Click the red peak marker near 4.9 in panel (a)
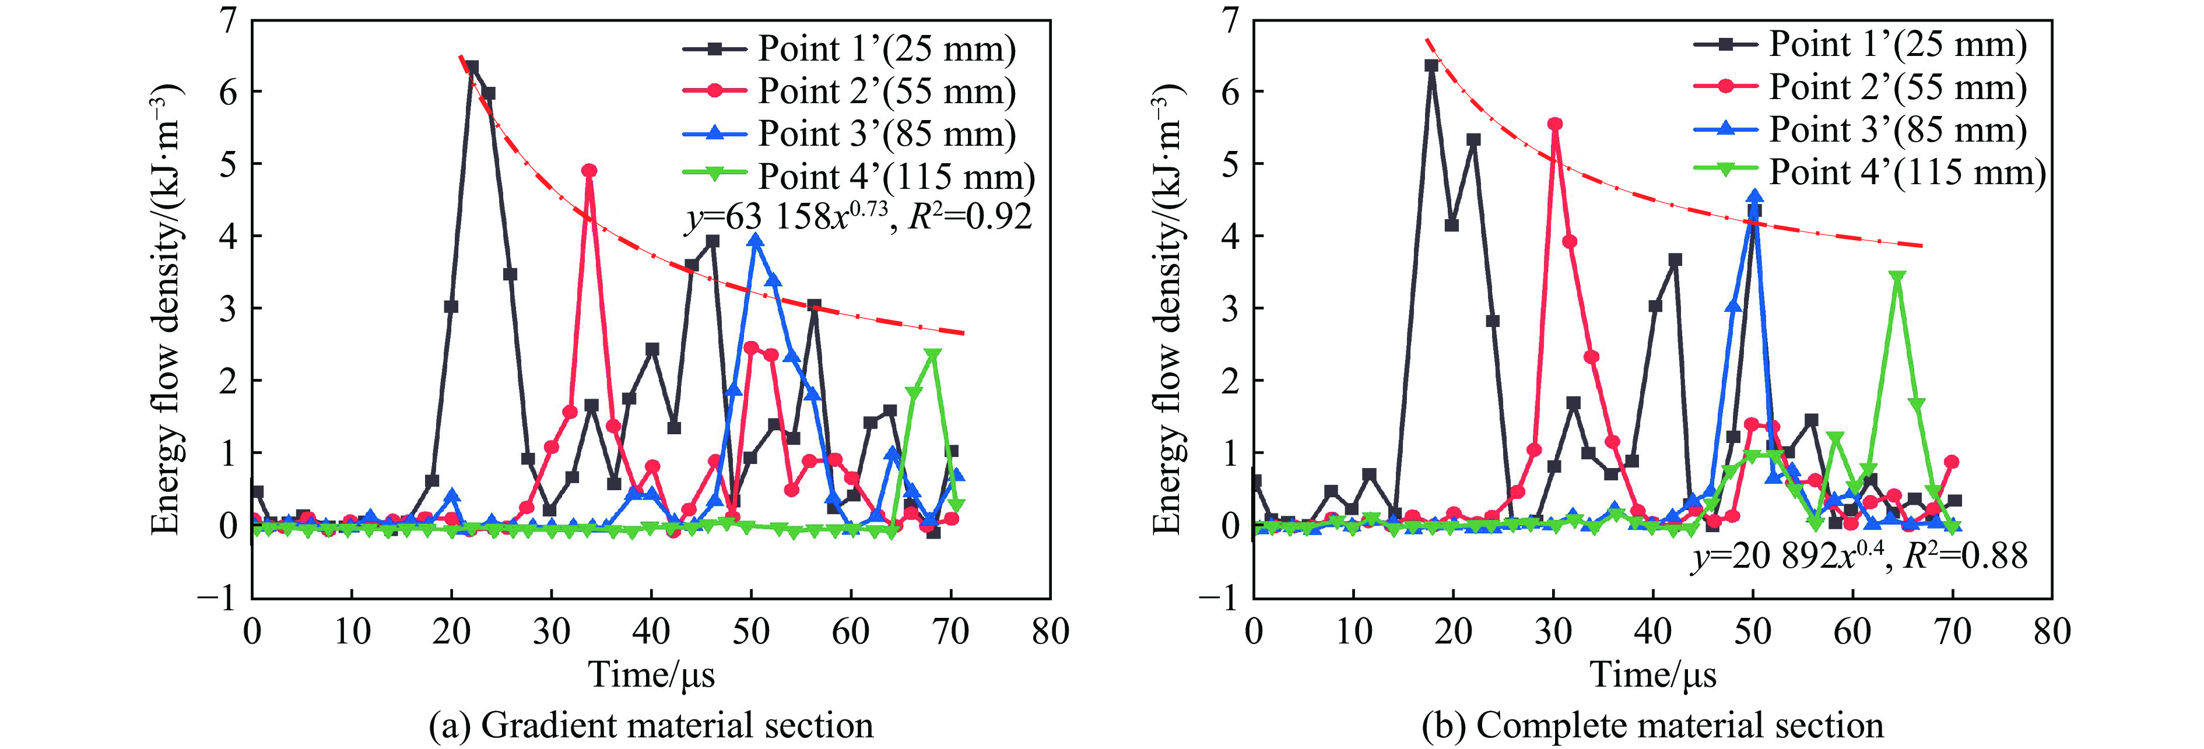(x=589, y=171)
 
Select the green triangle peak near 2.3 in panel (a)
(x=932, y=355)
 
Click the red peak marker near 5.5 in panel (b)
(x=1554, y=125)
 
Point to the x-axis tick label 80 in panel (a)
(x=1050, y=633)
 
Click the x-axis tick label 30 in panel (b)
(x=1553, y=633)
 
